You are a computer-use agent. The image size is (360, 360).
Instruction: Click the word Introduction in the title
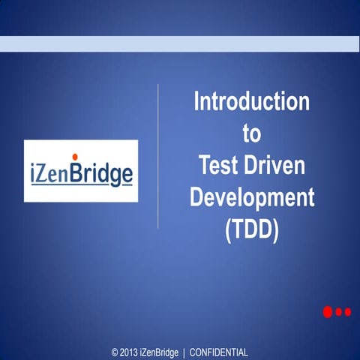pyautogui.click(x=251, y=102)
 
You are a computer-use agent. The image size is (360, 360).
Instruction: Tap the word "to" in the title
pyautogui.click(x=251, y=133)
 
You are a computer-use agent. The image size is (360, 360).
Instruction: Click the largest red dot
pyautogui.click(x=328, y=312)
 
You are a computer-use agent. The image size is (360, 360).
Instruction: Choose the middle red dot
pyautogui.click(x=339, y=312)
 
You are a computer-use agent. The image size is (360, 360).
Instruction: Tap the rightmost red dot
pyautogui.click(x=347, y=312)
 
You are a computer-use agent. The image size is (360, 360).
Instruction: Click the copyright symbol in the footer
pyautogui.click(x=115, y=352)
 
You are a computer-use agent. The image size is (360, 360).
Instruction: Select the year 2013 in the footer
pyautogui.click(x=129, y=352)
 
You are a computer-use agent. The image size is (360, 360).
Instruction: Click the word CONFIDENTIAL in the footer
pyautogui.click(x=219, y=352)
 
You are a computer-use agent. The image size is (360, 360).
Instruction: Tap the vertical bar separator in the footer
pyautogui.click(x=184, y=352)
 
